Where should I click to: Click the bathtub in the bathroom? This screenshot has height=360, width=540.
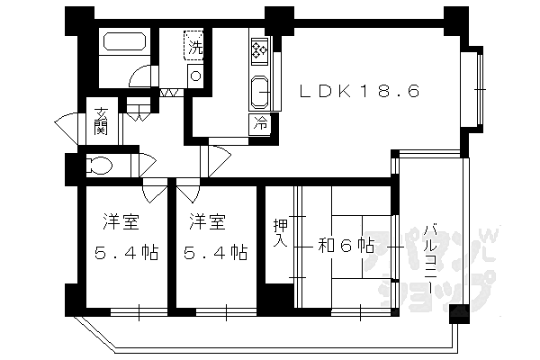pyautogui.click(x=123, y=42)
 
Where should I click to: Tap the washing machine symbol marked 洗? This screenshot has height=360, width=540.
pyautogui.click(x=194, y=45)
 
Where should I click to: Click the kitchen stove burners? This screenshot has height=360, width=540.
pyautogui.click(x=259, y=52)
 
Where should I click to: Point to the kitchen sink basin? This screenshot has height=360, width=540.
pyautogui.click(x=259, y=90)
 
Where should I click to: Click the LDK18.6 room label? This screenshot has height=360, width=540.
pyautogui.click(x=359, y=91)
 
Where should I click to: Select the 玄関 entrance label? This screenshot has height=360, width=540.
pyautogui.click(x=102, y=120)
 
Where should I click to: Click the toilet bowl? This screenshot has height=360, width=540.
pyautogui.click(x=98, y=166)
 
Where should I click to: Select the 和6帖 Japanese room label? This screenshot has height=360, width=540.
pyautogui.click(x=345, y=245)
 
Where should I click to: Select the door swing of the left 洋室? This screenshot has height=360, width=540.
pyautogui.click(x=153, y=192)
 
